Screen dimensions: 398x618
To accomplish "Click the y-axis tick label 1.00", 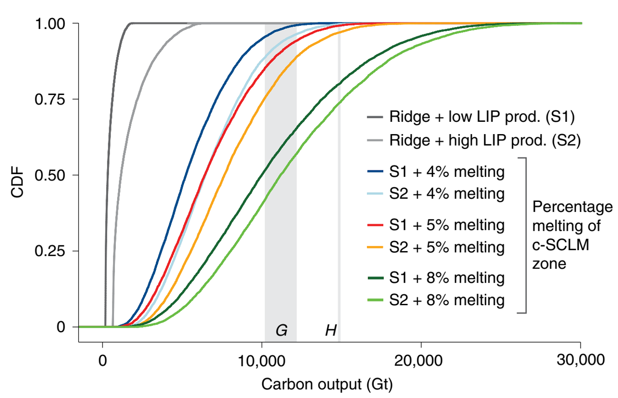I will click(x=50, y=24).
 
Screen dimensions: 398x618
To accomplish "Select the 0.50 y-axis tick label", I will click(x=50, y=175).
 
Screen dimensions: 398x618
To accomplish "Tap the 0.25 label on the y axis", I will click(x=50, y=251).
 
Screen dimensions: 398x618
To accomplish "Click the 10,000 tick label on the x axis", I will click(x=262, y=360).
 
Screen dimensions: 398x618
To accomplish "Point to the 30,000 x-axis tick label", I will click(x=581, y=359).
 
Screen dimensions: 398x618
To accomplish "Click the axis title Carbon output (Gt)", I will click(x=327, y=384).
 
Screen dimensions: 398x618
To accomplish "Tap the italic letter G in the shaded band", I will click(x=281, y=330).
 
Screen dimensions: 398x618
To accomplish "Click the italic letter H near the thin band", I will click(x=331, y=330).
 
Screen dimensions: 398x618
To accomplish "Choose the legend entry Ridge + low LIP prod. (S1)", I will click(x=482, y=117).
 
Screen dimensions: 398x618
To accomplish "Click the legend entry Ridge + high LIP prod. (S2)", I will click(x=485, y=141).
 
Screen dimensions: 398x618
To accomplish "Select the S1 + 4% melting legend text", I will click(x=447, y=172).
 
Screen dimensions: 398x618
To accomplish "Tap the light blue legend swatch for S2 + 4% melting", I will click(x=375, y=194).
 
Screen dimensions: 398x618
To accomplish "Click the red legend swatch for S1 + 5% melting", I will click(x=375, y=225).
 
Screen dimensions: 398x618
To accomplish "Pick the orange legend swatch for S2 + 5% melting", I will click(x=375, y=248).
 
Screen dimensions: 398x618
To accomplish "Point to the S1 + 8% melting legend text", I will click(x=447, y=278).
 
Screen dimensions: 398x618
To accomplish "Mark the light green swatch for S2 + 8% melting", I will click(x=375, y=300).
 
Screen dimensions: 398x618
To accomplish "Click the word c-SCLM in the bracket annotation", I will click(x=560, y=245).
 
